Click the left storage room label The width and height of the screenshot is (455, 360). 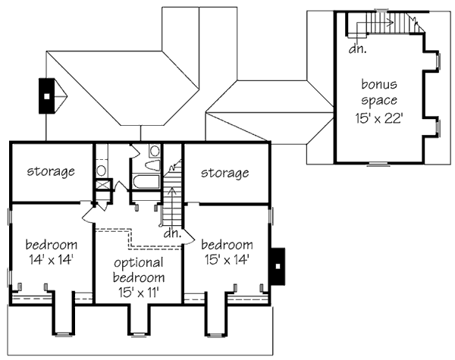51,171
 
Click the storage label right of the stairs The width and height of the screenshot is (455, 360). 225,173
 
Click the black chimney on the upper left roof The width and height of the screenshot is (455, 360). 48,96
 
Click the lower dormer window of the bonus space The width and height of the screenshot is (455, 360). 438,126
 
